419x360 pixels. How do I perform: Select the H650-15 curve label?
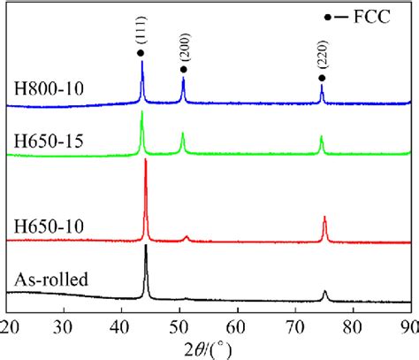(x=39, y=142)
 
